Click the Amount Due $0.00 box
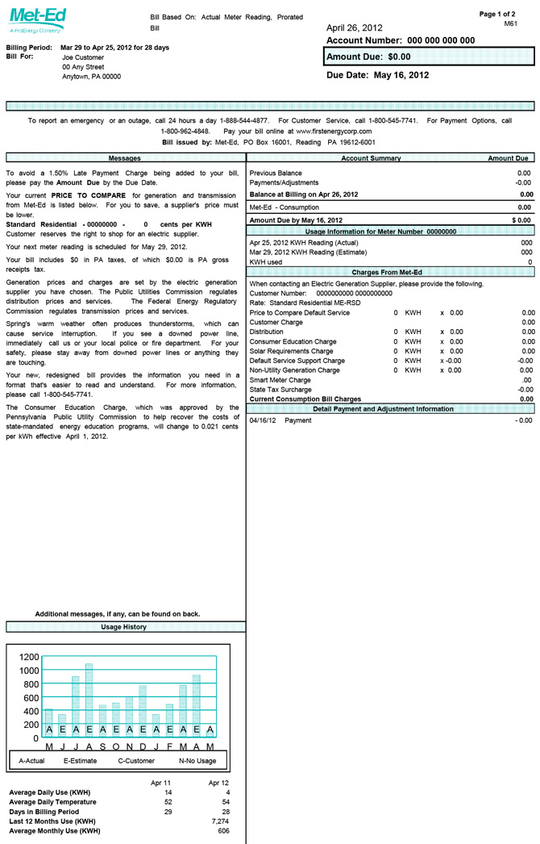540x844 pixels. (429, 56)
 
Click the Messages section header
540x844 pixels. (125, 158)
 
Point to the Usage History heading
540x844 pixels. (123, 626)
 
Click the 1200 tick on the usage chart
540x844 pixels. (24, 657)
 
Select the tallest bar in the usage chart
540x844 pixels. (89, 699)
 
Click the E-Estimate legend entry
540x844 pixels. (80, 761)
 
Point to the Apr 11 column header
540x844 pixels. (161, 783)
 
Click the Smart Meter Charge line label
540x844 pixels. (280, 380)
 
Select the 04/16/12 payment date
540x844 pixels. (263, 420)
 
